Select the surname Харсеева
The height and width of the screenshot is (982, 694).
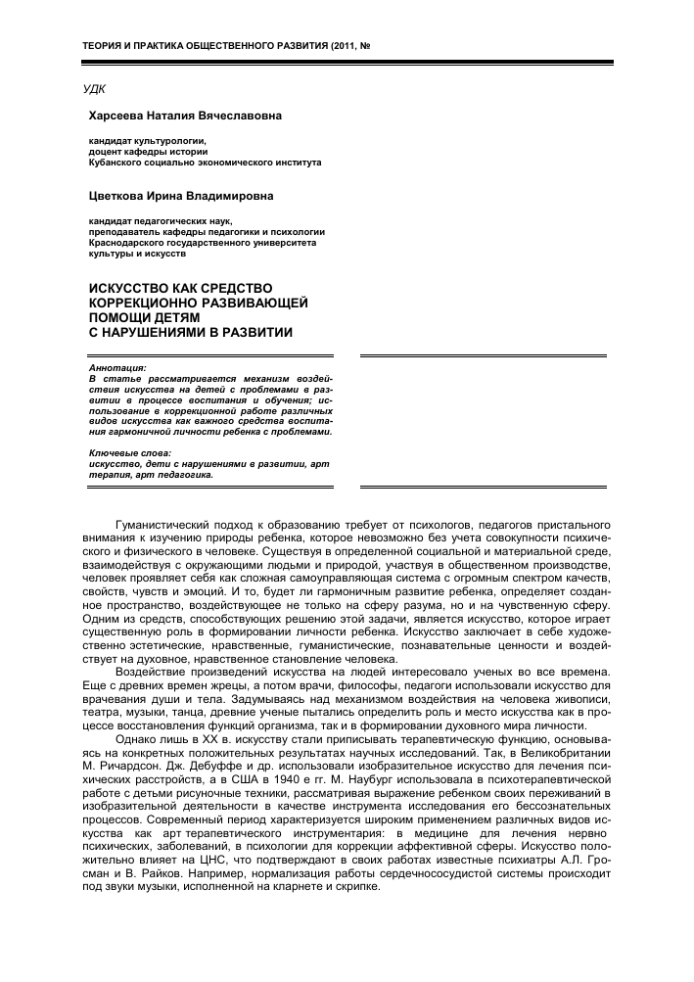coord(122,116)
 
